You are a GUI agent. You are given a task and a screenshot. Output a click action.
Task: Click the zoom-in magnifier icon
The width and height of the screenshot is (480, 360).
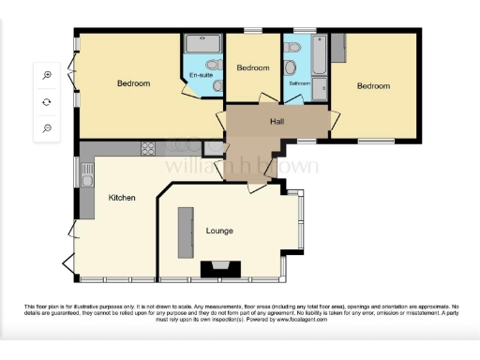pos(47,75)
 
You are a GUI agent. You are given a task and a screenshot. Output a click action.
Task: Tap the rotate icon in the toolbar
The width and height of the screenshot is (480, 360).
pos(47,101)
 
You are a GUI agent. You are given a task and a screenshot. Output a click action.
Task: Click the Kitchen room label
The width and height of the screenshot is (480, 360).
pos(122,198)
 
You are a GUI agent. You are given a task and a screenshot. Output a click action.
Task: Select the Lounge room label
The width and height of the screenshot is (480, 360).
pos(219,231)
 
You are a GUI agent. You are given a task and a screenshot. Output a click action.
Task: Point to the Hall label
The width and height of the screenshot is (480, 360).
pos(277,122)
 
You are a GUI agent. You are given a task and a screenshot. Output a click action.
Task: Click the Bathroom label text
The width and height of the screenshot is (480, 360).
pos(299,83)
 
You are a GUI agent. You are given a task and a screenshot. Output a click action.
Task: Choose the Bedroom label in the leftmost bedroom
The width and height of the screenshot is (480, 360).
pos(133,83)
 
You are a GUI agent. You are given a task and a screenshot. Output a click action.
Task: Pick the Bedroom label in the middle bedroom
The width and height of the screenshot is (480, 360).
pos(253,68)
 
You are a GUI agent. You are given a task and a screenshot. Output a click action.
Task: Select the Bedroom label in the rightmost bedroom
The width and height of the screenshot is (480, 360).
pos(373,86)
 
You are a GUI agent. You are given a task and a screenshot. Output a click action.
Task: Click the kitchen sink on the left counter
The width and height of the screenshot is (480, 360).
pos(86,178)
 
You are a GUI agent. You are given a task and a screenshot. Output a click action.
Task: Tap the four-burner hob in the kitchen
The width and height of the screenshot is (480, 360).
pos(149,148)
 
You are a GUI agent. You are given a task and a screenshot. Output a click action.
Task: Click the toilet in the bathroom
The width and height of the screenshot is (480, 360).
pos(292,67)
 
